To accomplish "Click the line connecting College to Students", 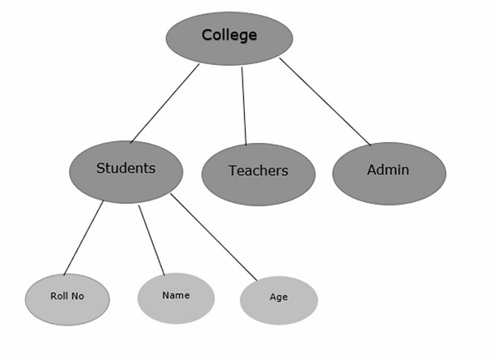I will point(164,104).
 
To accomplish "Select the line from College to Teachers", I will point(243,105).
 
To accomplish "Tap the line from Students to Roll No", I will point(83,238).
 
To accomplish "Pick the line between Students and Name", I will point(151,239).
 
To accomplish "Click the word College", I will point(229,35).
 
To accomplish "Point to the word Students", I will point(126,168).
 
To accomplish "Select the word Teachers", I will point(258,171).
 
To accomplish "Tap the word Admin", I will point(388,170).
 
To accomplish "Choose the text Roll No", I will point(67,297).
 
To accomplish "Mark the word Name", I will point(176,295).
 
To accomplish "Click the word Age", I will point(279,298).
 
